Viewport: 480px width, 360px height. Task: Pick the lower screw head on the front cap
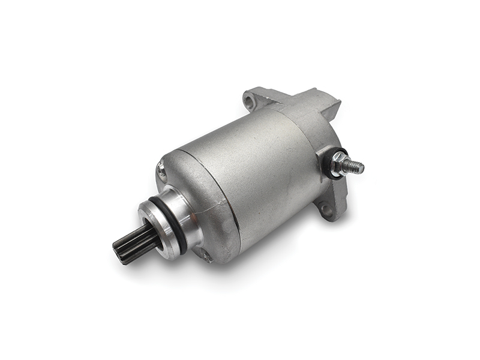coord(207,256)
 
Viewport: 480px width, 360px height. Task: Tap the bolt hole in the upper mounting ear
coord(251,98)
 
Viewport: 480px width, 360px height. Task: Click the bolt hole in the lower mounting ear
coord(325,210)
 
